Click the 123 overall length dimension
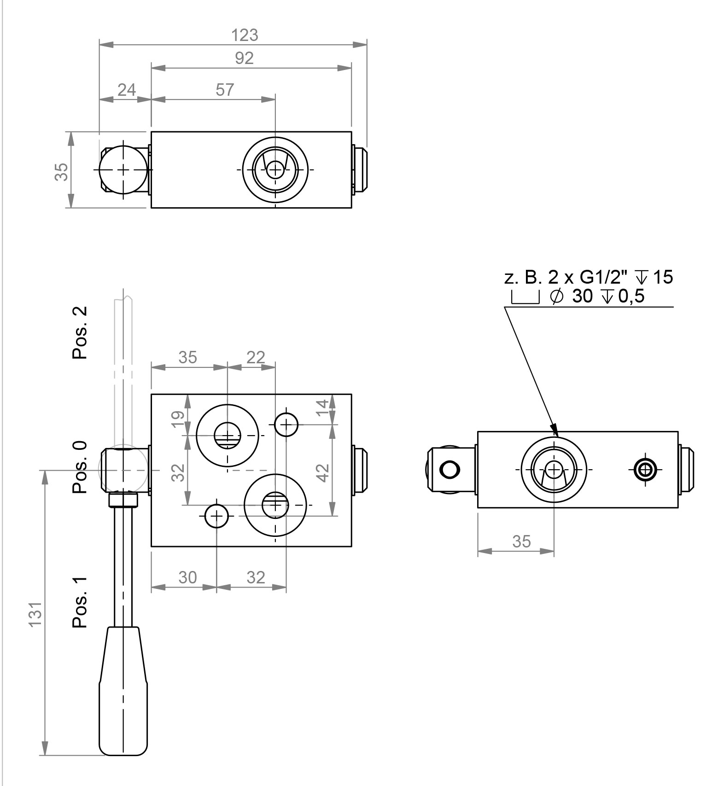tap(244, 35)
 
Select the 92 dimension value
tap(244, 58)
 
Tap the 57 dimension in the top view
tap(225, 89)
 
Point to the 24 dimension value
tap(127, 89)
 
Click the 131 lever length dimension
tap(36, 614)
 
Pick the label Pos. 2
tap(79, 332)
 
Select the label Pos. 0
tap(79, 467)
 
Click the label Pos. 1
tap(79, 602)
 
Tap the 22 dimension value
tap(256, 357)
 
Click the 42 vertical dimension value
tap(324, 472)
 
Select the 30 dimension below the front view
tap(187, 577)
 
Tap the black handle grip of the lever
tap(123, 691)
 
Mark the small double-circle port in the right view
tap(645, 469)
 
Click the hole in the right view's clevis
tap(450, 469)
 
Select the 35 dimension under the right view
tap(521, 541)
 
